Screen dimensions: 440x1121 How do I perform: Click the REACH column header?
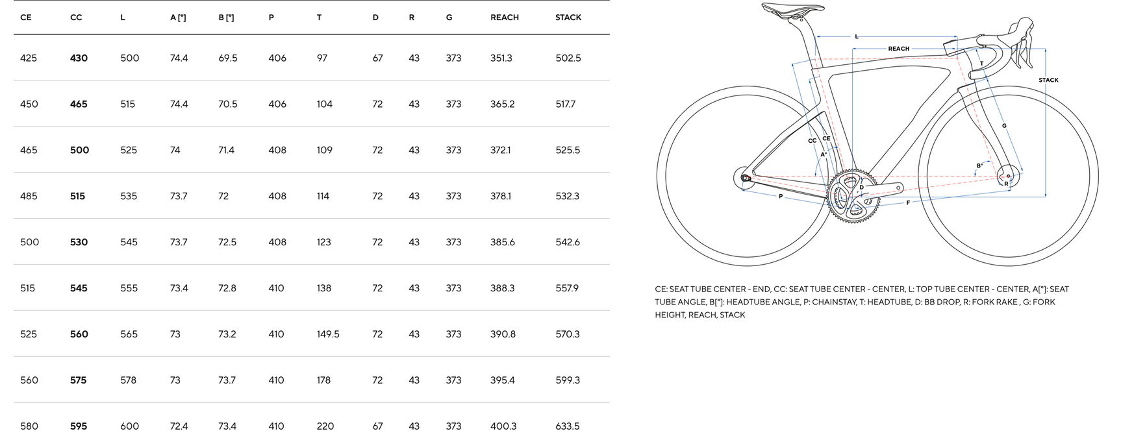tap(504, 18)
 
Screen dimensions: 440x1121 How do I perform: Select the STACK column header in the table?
tap(568, 18)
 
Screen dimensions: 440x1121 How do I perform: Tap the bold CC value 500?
tap(79, 150)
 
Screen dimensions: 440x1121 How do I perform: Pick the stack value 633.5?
tap(567, 426)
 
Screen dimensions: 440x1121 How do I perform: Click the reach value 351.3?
tap(501, 58)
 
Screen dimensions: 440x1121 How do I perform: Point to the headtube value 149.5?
tap(328, 334)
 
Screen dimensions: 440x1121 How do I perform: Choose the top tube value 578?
tap(128, 380)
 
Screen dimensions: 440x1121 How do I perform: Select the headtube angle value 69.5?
tap(227, 58)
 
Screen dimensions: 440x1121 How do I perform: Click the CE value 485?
tap(29, 196)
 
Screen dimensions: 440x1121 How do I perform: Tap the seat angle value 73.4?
tap(179, 288)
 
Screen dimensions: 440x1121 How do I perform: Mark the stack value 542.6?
tap(567, 242)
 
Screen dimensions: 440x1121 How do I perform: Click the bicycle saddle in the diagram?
tap(792, 8)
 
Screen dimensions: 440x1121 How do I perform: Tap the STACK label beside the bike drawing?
tap(1048, 80)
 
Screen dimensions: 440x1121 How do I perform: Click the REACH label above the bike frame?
tap(898, 49)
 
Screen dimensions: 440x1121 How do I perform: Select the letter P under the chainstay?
tap(781, 196)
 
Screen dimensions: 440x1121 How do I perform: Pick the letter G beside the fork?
tap(1004, 126)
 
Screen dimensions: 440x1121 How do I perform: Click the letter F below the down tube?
tap(907, 203)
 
